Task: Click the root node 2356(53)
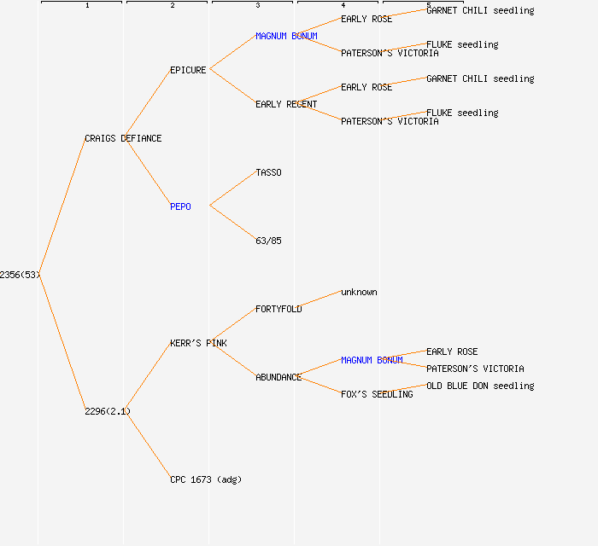pos(20,275)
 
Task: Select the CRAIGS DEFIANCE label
pos(123,138)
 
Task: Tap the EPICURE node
pos(188,70)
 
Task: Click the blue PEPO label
pos(180,206)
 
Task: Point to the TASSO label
pos(268,172)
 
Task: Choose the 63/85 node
pos(268,241)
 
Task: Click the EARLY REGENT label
pos(286,104)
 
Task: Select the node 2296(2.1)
pos(108,411)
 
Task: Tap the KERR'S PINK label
pos(198,343)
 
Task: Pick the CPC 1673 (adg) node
pos(206,479)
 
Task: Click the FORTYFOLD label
pos(278,309)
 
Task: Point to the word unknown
pos(359,292)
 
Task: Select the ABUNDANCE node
pos(278,377)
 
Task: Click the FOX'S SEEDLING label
pos(377,394)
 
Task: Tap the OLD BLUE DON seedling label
pos(480,386)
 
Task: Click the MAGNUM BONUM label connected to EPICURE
pos(286,36)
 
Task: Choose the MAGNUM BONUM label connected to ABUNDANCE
pos(372,360)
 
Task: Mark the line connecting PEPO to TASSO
pos(232,189)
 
